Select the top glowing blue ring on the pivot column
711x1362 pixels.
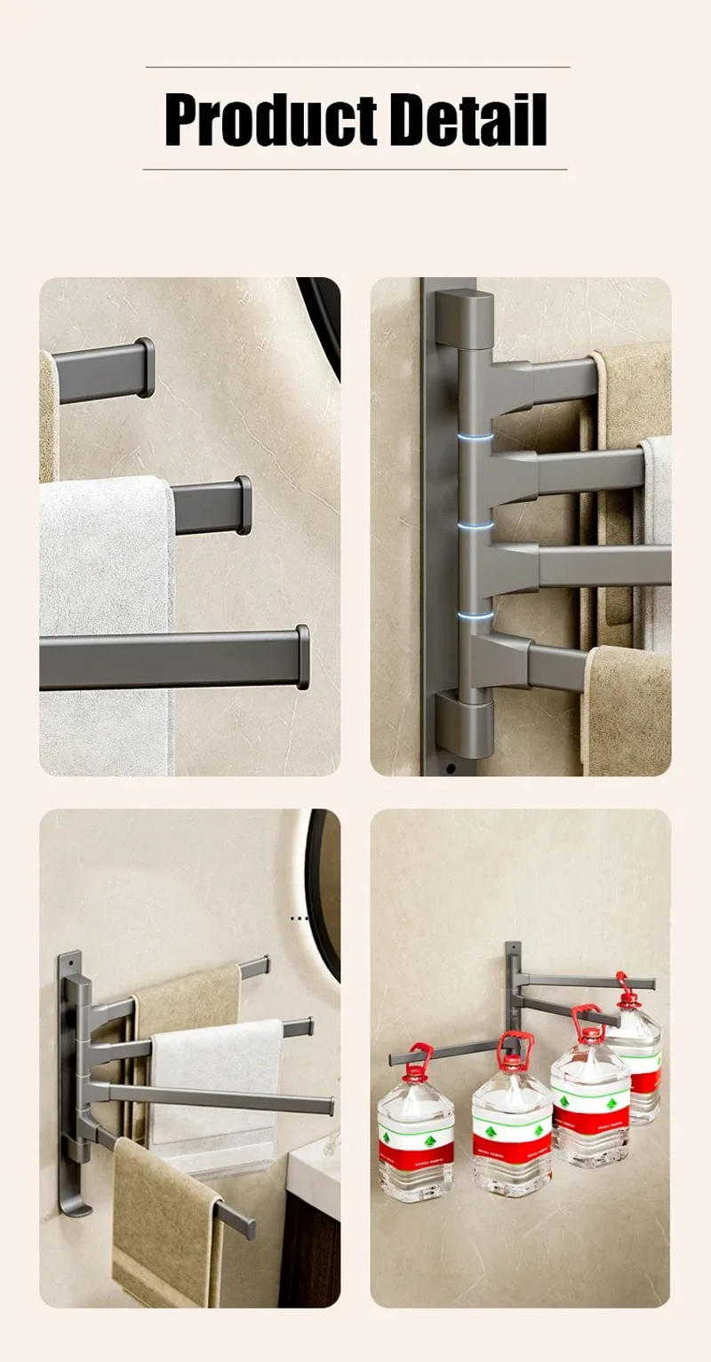coord(475,437)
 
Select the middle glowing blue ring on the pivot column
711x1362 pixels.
coord(475,526)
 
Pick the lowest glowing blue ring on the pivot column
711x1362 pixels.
coord(475,614)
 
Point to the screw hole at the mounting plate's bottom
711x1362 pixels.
coord(451,768)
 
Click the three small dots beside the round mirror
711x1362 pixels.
coord(299,918)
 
